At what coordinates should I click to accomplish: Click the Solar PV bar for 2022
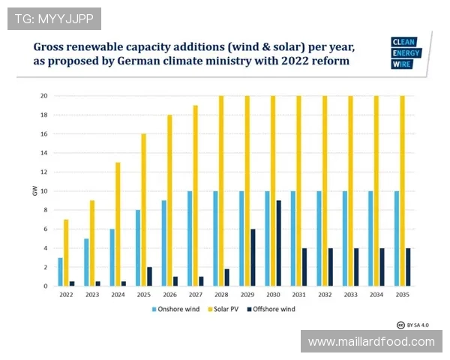pos(66,253)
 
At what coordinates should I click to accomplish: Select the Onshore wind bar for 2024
pos(112,257)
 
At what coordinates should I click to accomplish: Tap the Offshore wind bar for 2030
pos(279,243)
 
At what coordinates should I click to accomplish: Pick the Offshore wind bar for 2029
pos(253,257)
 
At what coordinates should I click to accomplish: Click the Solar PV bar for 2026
pos(169,200)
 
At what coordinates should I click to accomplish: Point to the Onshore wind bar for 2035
pos(397,238)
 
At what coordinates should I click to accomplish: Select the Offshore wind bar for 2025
pos(149,277)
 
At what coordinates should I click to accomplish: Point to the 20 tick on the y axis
pos(44,96)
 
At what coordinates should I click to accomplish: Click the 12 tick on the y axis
pos(44,172)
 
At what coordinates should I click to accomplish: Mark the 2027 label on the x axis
pos(195,295)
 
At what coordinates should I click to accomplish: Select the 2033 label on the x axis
pos(350,295)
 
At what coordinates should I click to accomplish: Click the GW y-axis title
pos(34,191)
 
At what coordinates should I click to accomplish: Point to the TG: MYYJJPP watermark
pos(54,19)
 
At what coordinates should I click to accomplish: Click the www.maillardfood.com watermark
pos(371,341)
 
